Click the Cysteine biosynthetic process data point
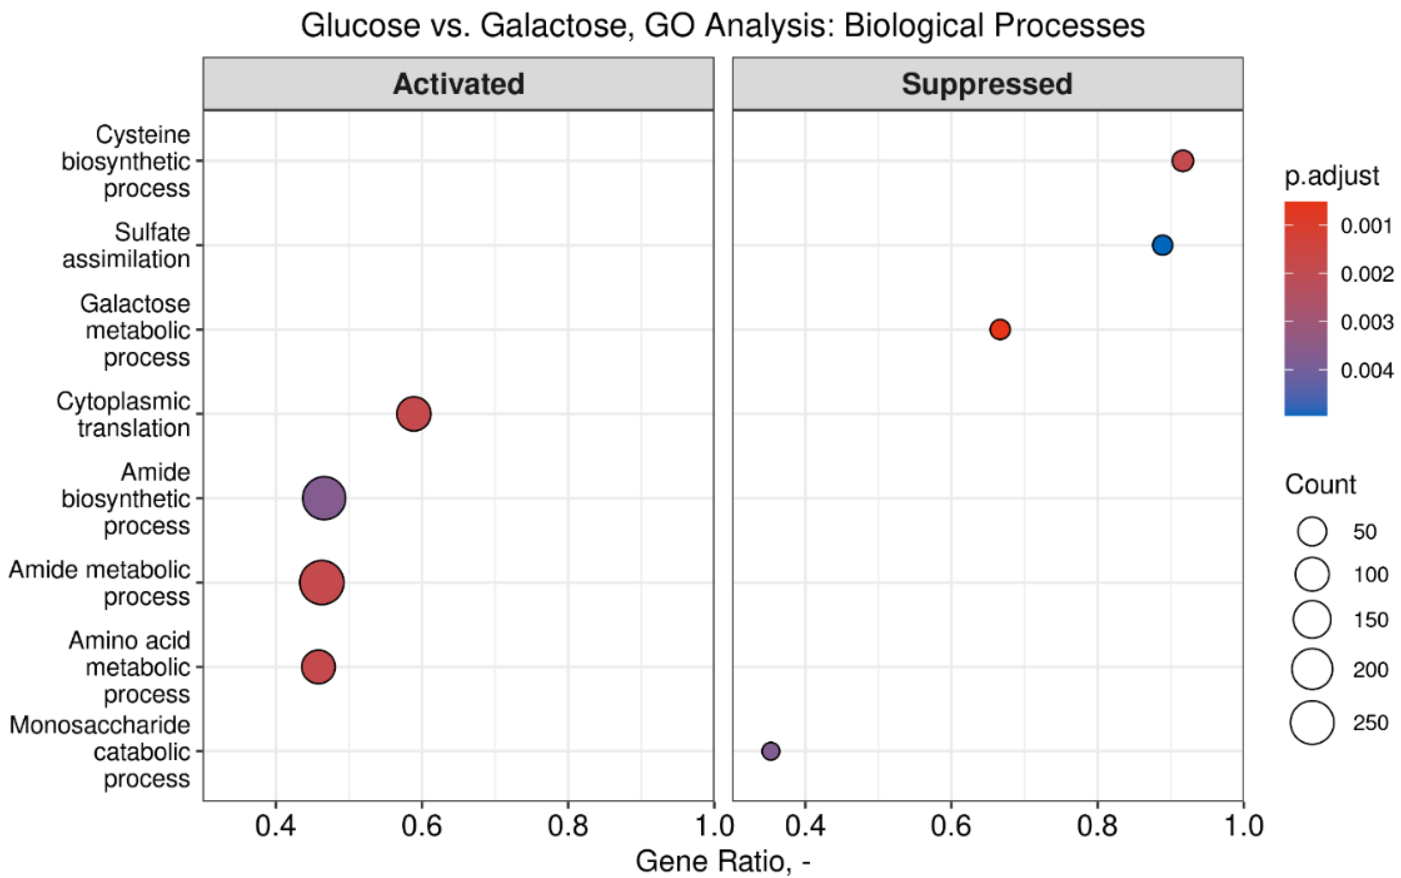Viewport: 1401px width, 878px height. [1183, 161]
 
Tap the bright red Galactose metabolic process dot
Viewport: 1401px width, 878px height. [1000, 329]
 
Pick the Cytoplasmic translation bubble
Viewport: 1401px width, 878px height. [414, 414]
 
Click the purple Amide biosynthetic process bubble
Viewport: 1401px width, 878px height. [324, 498]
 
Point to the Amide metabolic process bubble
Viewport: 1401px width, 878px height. [322, 583]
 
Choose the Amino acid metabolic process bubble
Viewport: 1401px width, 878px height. [318, 666]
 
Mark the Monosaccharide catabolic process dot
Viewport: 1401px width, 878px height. [770, 751]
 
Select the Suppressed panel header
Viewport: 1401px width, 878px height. [987, 84]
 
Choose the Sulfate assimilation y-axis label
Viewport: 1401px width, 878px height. [126, 246]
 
